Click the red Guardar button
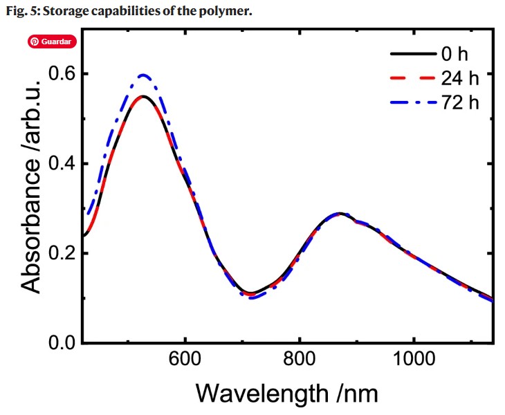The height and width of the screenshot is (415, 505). (50, 41)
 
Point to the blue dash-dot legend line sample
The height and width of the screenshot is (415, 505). (412, 102)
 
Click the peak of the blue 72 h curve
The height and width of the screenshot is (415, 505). (144, 75)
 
